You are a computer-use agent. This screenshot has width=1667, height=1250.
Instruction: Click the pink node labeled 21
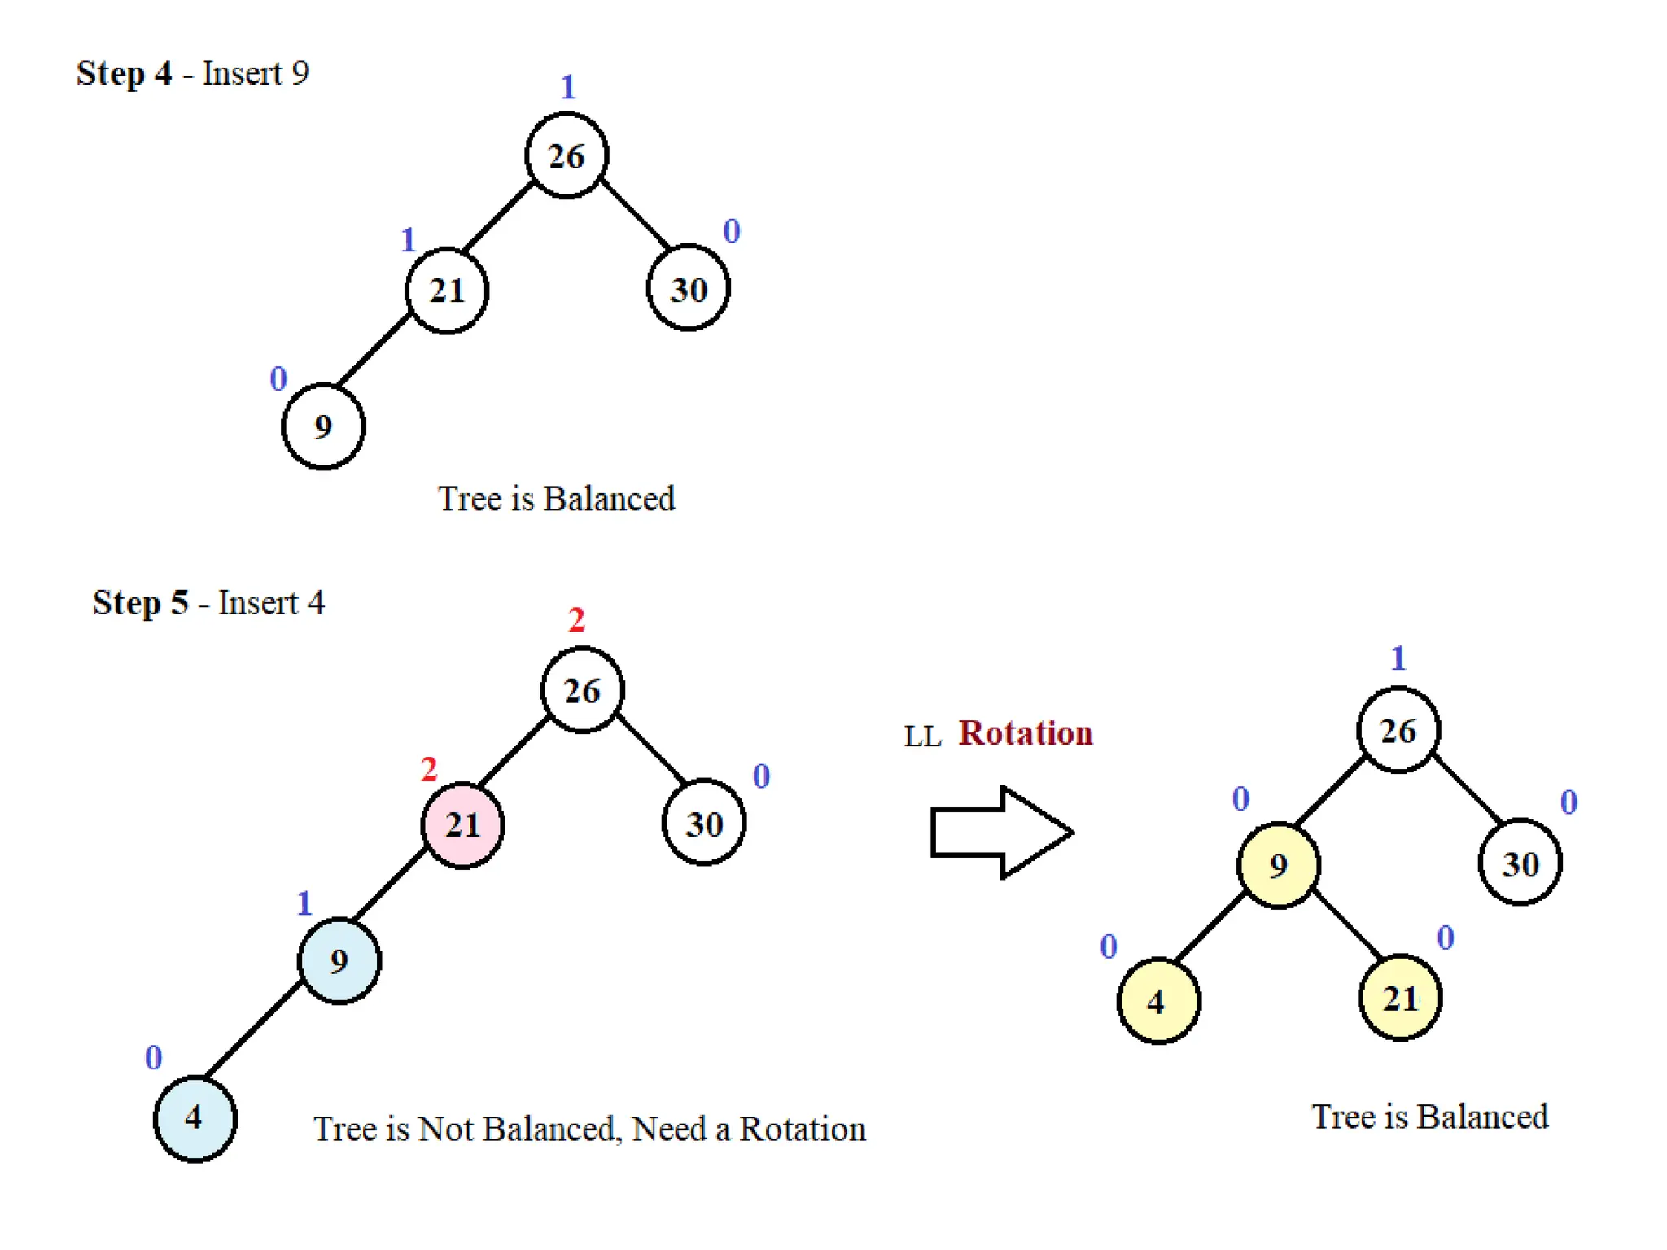point(462,825)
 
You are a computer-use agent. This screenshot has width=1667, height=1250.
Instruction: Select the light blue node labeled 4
point(195,1118)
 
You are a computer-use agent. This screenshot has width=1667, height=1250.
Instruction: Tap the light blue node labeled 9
point(339,961)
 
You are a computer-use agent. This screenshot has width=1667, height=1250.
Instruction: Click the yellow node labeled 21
point(1400,999)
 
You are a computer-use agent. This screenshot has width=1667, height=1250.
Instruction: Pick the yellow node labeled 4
point(1158,1001)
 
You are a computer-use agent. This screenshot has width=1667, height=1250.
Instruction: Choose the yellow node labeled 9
point(1278,865)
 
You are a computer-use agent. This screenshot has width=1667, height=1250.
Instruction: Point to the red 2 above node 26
point(576,621)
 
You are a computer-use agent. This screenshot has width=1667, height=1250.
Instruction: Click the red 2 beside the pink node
point(429,769)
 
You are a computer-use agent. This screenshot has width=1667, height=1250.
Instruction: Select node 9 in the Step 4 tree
point(323,426)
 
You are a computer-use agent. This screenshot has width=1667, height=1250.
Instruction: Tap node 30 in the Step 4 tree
point(688,289)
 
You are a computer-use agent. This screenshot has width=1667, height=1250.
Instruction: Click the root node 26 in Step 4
point(567,155)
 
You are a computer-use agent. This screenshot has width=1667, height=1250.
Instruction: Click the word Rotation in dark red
point(1026,733)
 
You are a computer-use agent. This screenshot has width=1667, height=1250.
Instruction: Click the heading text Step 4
point(124,73)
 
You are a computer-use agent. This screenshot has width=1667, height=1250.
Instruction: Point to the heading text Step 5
point(140,603)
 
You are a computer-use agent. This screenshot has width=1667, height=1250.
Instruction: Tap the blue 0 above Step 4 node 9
point(278,378)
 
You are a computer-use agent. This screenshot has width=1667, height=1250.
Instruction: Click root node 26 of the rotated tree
point(1398,730)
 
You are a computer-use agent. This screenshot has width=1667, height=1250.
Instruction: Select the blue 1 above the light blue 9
point(304,903)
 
